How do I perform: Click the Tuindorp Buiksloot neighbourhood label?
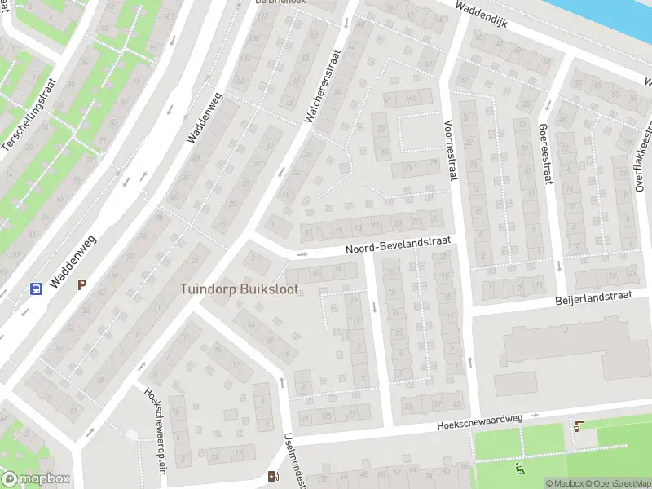[x=239, y=289]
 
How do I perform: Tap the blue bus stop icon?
[x=37, y=288]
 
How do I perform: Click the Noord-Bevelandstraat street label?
[x=398, y=246]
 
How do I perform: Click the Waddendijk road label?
[x=482, y=15]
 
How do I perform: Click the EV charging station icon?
[x=272, y=476]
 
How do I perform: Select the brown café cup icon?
[x=579, y=425]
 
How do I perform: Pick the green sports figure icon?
[x=520, y=469]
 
